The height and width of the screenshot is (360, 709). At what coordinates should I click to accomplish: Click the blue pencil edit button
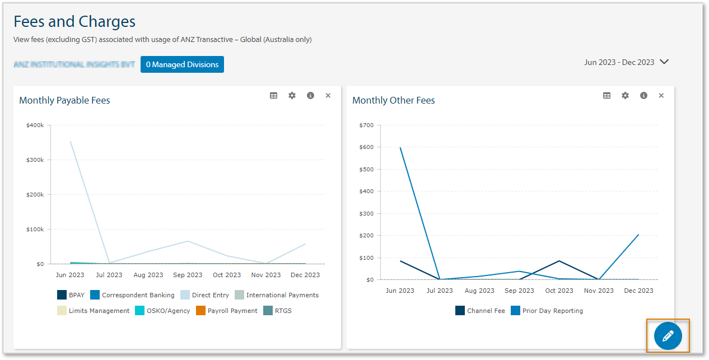668,336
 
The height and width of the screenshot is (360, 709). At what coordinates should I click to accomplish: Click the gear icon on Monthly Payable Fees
292,96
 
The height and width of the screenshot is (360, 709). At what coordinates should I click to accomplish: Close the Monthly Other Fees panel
661,96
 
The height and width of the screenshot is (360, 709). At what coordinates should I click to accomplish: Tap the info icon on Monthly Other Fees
643,96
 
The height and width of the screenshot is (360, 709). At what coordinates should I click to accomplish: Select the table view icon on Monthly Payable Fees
273,96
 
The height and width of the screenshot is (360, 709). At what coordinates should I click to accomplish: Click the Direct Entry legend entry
204,295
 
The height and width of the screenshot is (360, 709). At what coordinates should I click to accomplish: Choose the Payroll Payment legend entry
226,311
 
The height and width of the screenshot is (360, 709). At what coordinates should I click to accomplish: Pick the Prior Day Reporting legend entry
547,311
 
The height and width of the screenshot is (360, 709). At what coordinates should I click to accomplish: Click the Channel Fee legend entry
480,311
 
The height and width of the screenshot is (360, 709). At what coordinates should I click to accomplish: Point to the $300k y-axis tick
35,160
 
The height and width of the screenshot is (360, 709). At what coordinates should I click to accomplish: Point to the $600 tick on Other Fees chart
366,147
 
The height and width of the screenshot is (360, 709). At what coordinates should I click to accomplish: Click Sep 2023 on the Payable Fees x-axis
188,275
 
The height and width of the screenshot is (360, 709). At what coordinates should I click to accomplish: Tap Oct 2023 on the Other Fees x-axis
559,291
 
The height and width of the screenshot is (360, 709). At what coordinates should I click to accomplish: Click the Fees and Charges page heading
74,21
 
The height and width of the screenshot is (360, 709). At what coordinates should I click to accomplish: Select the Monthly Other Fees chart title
393,101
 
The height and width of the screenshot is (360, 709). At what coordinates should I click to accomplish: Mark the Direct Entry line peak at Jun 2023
70,142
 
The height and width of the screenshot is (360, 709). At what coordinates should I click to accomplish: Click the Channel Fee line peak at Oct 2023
559,261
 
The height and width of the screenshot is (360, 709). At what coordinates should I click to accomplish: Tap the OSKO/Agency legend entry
162,311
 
